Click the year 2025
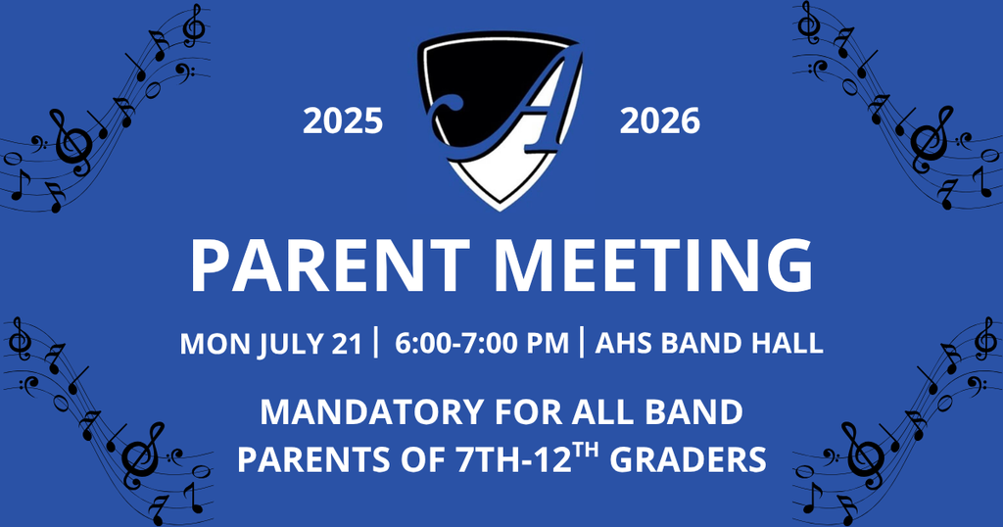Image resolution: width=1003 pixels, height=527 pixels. [342, 121]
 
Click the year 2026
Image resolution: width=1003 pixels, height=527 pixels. [660, 121]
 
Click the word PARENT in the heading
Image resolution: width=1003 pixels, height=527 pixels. [330, 264]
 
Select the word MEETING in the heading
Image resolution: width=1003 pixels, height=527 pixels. [652, 264]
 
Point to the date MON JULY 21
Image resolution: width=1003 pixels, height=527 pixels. [270, 344]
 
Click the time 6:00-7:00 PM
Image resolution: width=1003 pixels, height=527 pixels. [482, 344]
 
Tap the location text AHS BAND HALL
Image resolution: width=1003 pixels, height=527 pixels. [708, 344]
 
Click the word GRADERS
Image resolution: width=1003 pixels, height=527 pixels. [687, 459]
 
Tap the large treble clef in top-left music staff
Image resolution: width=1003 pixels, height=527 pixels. [72, 137]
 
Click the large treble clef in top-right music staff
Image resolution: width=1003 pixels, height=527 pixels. [929, 137]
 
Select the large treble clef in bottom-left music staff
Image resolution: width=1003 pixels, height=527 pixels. [141, 452]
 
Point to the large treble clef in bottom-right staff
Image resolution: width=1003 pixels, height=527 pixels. [863, 452]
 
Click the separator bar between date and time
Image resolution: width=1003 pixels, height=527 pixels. [377, 344]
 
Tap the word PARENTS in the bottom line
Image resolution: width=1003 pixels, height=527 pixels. [299, 459]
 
